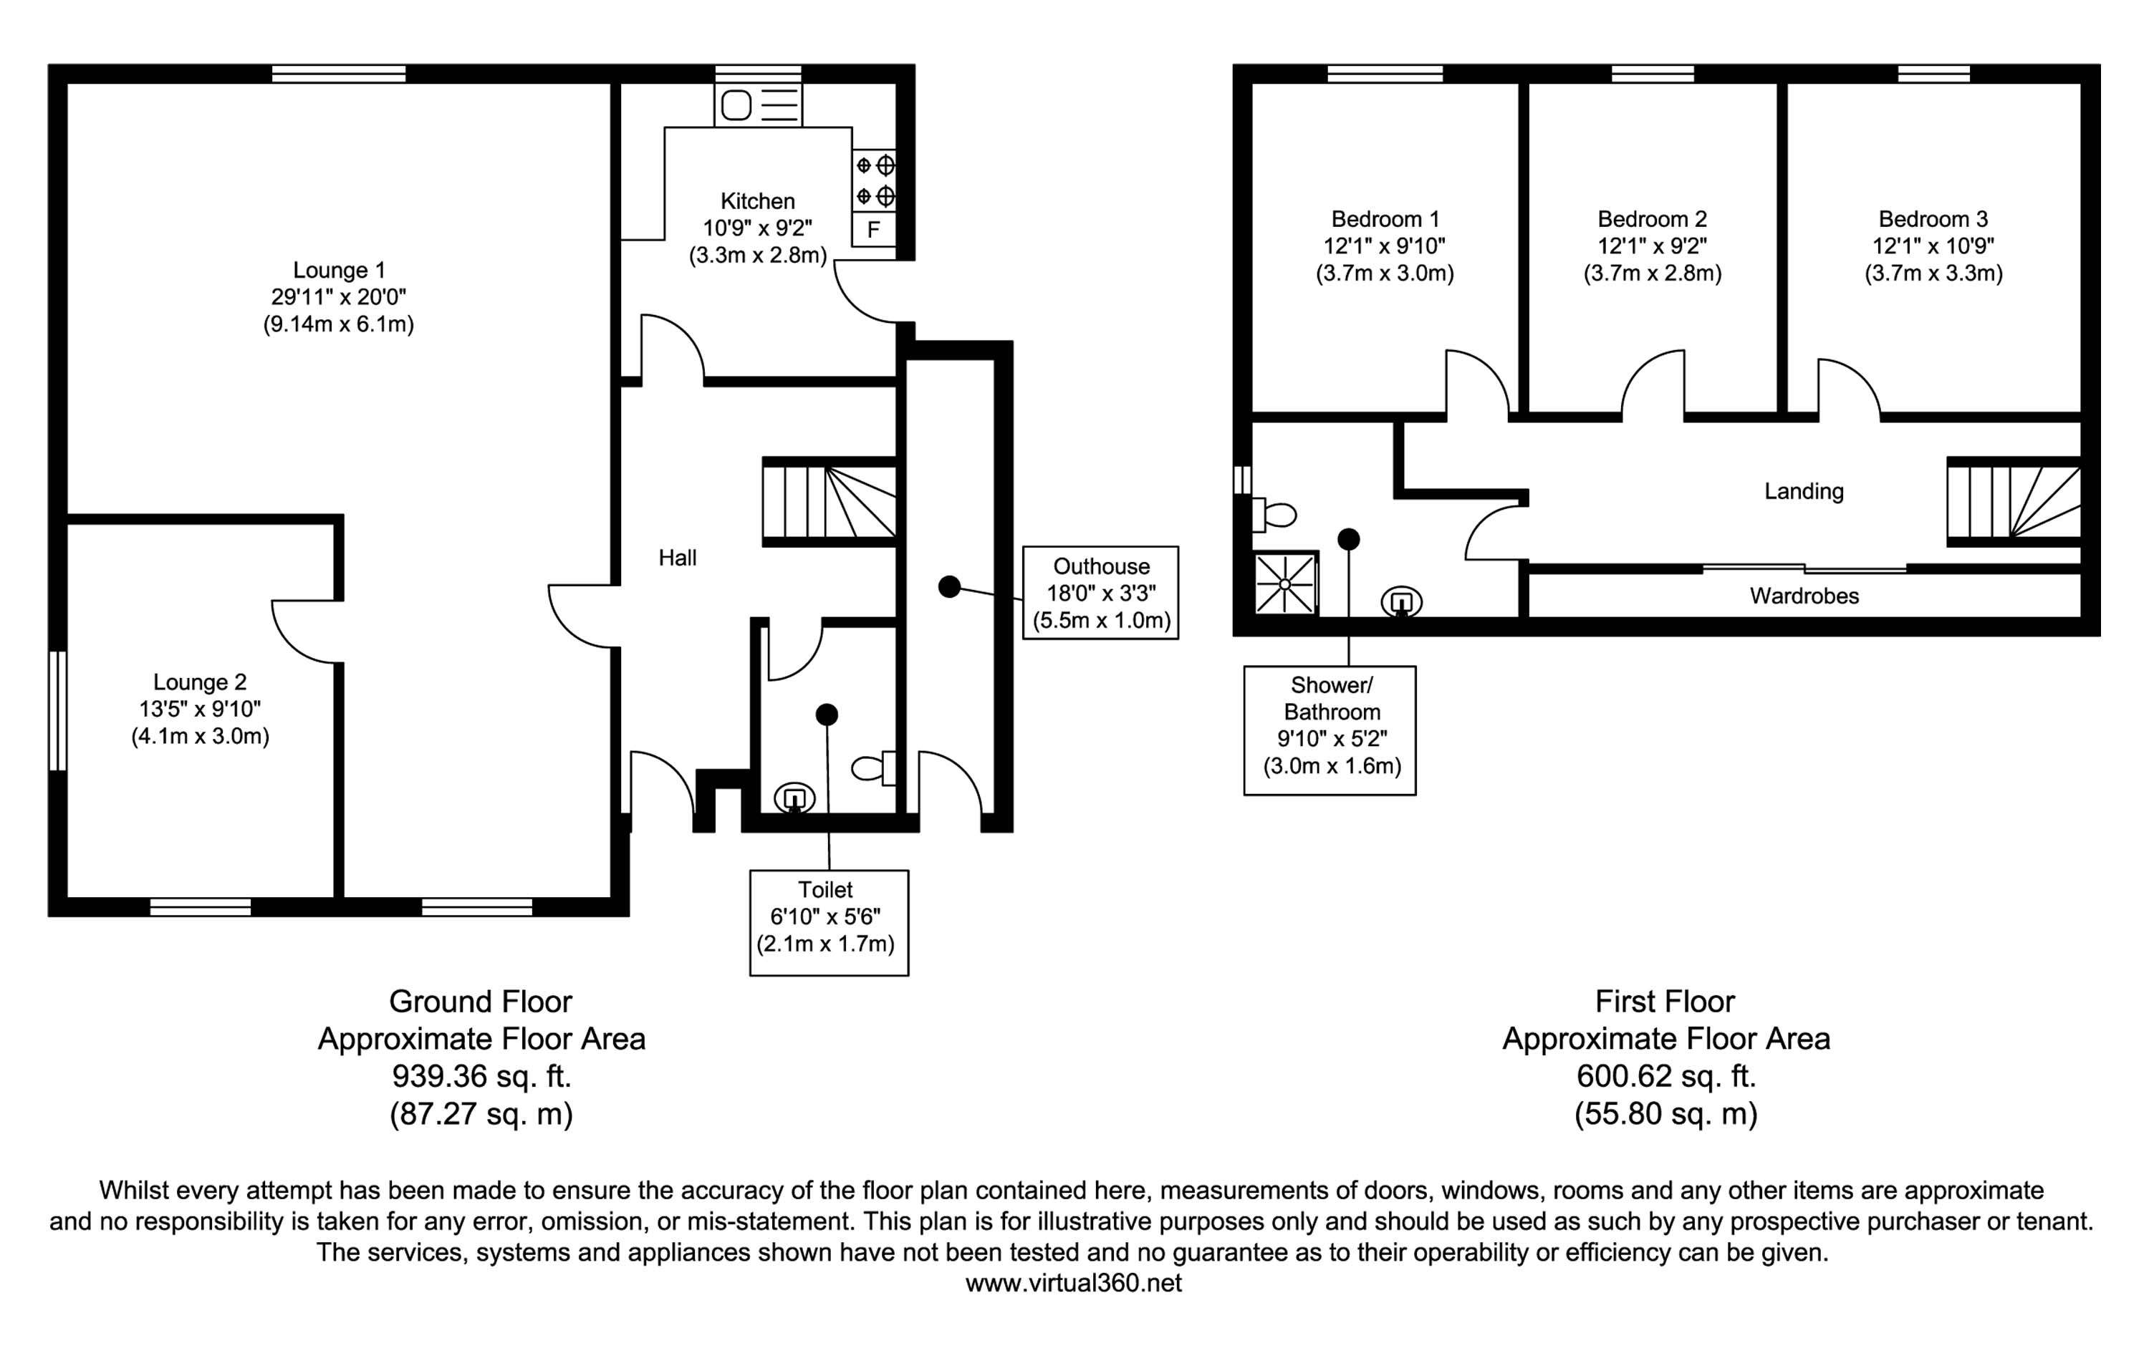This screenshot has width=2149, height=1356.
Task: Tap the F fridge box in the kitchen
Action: [874, 229]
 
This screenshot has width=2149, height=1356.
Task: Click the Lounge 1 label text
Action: [339, 269]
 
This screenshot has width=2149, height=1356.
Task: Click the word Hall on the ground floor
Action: [678, 558]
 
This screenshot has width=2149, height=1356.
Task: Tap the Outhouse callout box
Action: [1100, 592]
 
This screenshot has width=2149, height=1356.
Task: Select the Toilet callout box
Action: [828, 922]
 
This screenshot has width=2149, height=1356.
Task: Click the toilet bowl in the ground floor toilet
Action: [868, 768]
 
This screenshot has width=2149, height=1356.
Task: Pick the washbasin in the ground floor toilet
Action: [794, 797]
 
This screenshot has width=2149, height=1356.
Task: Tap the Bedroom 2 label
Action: [1652, 218]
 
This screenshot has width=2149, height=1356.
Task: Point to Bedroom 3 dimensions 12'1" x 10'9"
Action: [1933, 246]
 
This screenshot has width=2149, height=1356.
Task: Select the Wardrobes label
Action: [1804, 596]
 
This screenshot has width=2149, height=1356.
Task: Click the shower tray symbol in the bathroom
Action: [1285, 584]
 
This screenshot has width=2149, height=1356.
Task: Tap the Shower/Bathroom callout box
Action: [1330, 730]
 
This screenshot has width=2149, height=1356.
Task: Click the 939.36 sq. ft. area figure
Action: [481, 1076]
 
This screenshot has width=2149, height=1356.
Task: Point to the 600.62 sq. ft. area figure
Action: [1665, 1076]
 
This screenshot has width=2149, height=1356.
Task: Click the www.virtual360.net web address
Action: [1074, 1283]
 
